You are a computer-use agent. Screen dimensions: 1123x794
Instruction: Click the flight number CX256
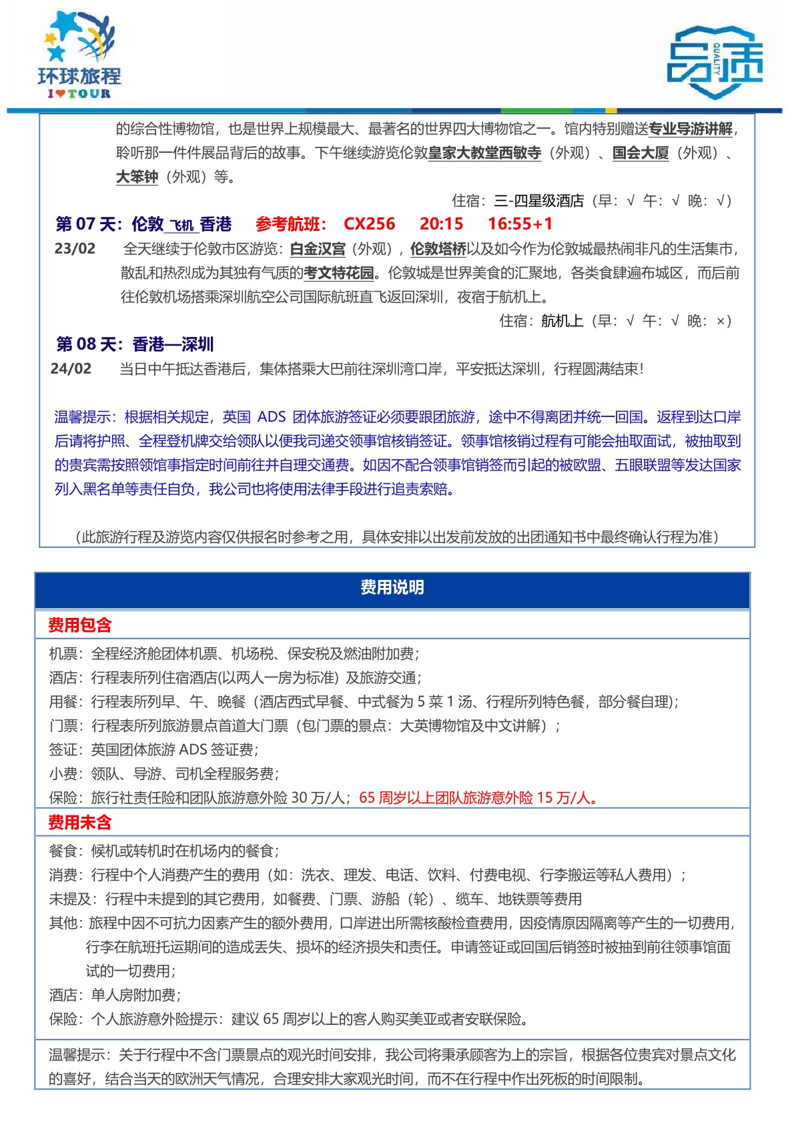point(369,224)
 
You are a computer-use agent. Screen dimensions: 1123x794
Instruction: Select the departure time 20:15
point(441,224)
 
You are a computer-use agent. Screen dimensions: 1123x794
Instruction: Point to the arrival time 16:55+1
point(520,224)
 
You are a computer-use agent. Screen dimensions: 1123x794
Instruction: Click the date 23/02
point(75,249)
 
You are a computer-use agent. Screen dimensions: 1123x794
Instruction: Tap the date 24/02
point(71,369)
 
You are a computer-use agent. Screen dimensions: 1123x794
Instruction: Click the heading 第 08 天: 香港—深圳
point(135,344)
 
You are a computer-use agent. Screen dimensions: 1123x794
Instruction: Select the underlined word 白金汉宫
point(318,250)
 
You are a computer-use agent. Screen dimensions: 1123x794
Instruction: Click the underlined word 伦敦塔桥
point(438,250)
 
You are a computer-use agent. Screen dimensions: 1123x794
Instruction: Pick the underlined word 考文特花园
point(338,274)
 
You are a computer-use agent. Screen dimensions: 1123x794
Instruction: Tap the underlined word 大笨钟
point(137,177)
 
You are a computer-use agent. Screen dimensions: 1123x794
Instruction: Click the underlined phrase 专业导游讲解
point(691,129)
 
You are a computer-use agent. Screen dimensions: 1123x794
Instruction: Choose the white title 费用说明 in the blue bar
point(392,588)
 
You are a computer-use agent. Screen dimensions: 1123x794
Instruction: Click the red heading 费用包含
point(80,625)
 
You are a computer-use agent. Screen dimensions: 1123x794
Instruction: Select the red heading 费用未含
point(80,823)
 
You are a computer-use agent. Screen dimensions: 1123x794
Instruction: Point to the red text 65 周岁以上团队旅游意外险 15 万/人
point(477,798)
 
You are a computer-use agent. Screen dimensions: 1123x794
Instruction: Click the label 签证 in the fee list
point(63,750)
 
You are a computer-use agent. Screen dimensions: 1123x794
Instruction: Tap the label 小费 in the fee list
point(63,774)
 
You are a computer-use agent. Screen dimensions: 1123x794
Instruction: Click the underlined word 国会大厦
point(641,153)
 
